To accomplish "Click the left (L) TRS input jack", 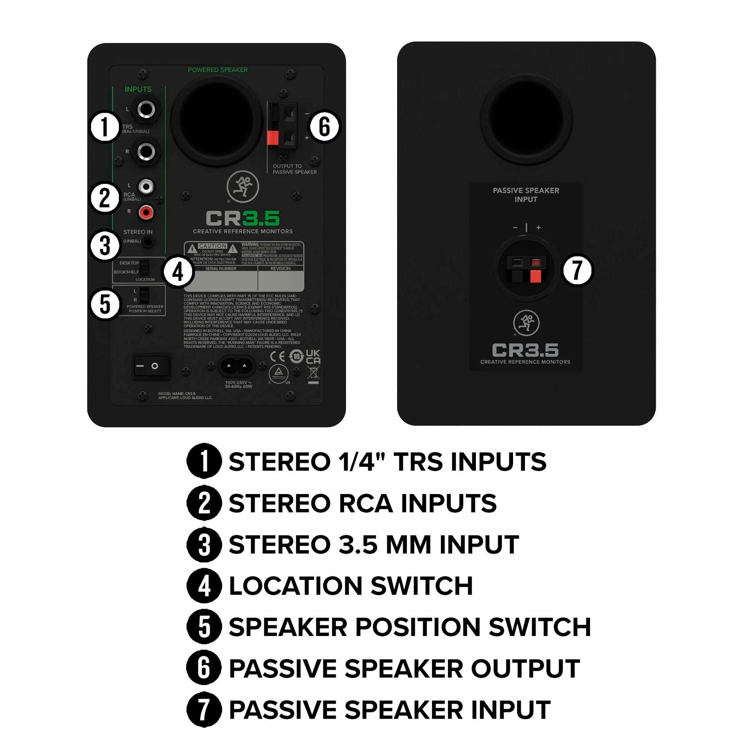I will click(x=146, y=109).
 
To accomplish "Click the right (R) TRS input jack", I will click(x=146, y=152).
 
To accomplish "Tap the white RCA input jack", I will click(x=146, y=186).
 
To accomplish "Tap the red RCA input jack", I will click(x=146, y=212).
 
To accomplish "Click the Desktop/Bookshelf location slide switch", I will click(x=145, y=267).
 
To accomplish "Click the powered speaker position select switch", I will click(x=144, y=295).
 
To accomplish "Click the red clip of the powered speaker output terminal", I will click(x=273, y=138).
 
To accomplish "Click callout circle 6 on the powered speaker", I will click(x=324, y=126).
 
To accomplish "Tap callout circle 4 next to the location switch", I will click(x=178, y=272).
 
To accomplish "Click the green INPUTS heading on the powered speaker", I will click(x=138, y=89).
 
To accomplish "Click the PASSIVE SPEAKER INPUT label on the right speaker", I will click(x=526, y=195).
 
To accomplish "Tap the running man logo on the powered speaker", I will click(x=242, y=187).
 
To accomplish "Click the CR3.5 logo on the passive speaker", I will click(x=525, y=350).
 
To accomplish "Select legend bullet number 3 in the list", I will click(x=204, y=544).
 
